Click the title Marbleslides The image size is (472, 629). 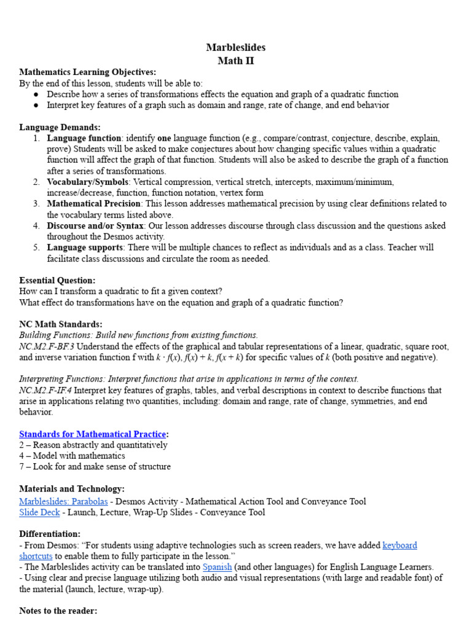(x=236, y=47)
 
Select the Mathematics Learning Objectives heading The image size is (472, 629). (x=87, y=72)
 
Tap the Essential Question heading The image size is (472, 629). (x=57, y=280)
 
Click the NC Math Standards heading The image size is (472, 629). (x=60, y=324)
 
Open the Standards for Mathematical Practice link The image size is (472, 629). (x=92, y=434)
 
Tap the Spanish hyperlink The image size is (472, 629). (x=216, y=567)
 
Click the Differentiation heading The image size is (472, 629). (x=49, y=534)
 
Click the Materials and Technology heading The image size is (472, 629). (x=71, y=489)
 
